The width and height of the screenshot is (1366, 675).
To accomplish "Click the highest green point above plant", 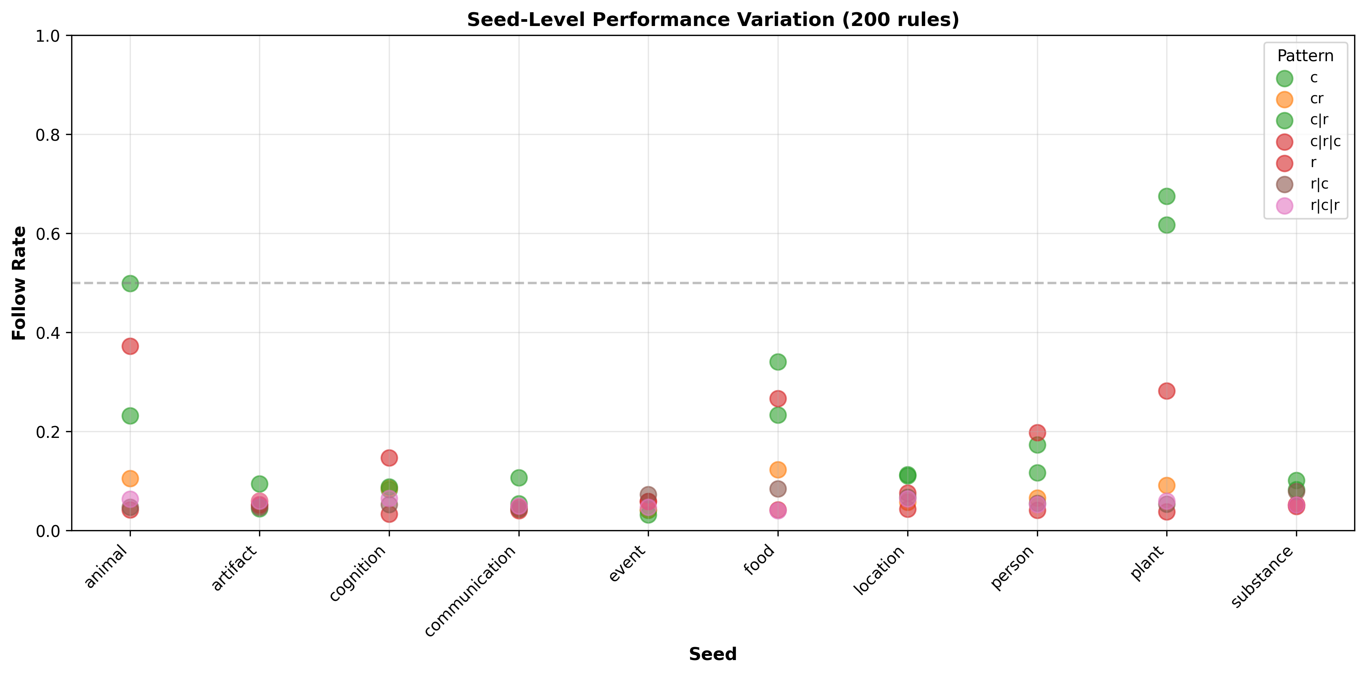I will [x=1166, y=196].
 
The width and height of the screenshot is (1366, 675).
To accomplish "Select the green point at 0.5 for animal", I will [x=130, y=283].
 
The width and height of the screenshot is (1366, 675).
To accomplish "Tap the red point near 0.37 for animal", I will [x=130, y=346].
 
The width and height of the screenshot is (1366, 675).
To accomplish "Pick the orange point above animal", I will [x=130, y=478].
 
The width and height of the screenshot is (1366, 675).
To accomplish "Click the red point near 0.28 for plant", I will [x=1166, y=391].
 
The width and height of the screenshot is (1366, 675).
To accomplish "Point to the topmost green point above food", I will [x=778, y=362].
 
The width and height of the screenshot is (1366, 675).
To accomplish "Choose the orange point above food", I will [x=778, y=469].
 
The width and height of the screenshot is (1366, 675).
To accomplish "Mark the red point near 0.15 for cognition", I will [x=389, y=458].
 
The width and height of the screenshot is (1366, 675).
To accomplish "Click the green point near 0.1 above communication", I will [x=518, y=477].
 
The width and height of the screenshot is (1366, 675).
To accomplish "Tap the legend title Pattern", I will [x=1305, y=55].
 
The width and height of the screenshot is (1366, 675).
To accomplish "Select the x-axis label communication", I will [x=471, y=591].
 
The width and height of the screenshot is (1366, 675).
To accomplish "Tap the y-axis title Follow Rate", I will [x=19, y=283].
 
